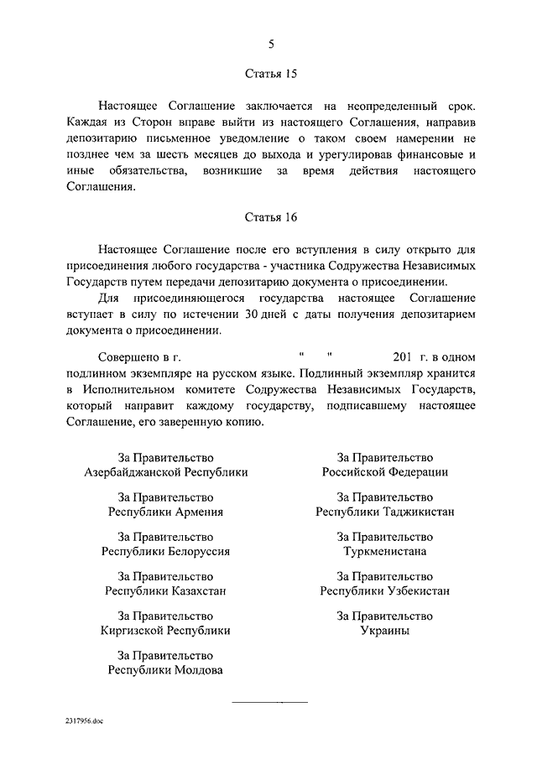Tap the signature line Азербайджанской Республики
[166, 472]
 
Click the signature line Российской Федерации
[385, 472]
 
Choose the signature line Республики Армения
[166, 512]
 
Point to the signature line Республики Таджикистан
[385, 512]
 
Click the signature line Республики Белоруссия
[166, 552]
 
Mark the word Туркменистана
[385, 552]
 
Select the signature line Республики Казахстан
[166, 591]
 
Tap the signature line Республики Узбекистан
[385, 591]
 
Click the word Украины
[385, 631]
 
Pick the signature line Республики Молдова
[166, 670]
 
